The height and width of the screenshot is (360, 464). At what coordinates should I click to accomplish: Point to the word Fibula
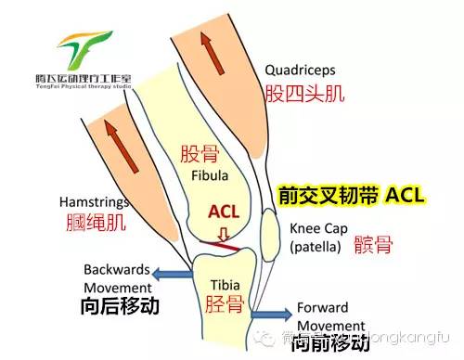210,174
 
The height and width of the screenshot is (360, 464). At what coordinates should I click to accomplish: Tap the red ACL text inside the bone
224,212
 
